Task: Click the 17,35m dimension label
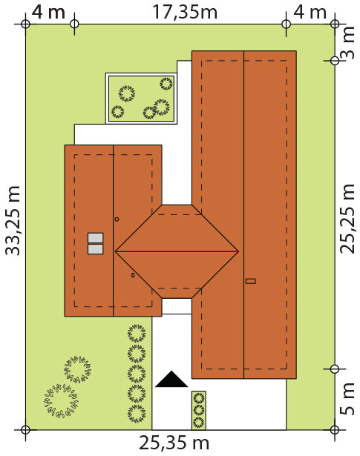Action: click(x=185, y=13)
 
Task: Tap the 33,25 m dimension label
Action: click(x=13, y=220)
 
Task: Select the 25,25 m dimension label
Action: click(x=347, y=219)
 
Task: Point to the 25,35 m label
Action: click(x=174, y=443)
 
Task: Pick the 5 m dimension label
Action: click(x=347, y=399)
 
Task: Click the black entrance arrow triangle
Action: click(x=171, y=379)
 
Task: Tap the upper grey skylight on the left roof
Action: click(x=96, y=237)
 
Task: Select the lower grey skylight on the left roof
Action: click(x=96, y=249)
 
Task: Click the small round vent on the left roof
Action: click(x=117, y=219)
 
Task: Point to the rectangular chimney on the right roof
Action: click(x=251, y=281)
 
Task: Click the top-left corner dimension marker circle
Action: click(x=26, y=24)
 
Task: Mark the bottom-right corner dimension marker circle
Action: click(x=335, y=429)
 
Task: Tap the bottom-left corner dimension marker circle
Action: click(x=26, y=429)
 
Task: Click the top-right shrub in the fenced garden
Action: click(x=166, y=84)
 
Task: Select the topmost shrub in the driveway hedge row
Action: click(x=137, y=333)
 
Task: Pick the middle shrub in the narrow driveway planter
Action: click(x=199, y=410)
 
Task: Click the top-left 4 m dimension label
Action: click(x=48, y=13)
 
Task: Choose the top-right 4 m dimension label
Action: click(x=310, y=13)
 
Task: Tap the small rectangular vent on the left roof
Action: click(x=133, y=275)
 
